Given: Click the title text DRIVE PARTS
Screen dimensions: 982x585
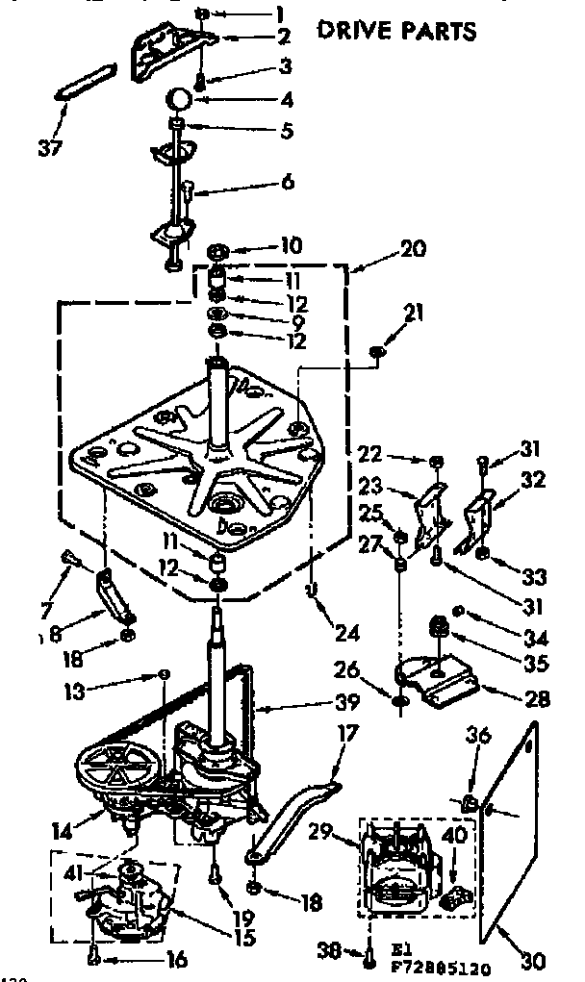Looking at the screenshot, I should pos(396,31).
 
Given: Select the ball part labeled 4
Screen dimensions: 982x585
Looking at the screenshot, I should pos(179,98).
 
